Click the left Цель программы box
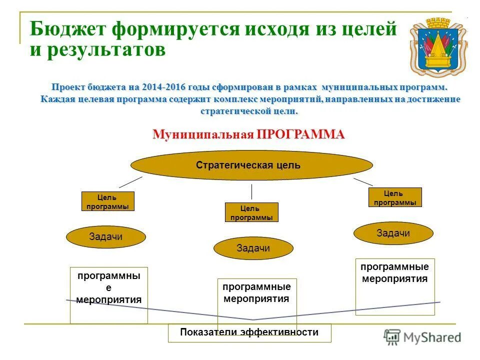click(107, 201)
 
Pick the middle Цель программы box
click(251, 212)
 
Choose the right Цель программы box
click(395, 197)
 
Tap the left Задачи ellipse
click(105, 237)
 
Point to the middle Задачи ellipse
click(253, 248)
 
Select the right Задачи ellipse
click(393, 233)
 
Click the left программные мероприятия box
click(109, 295)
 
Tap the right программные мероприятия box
click(395, 286)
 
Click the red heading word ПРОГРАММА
click(301, 134)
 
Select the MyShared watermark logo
click(422, 337)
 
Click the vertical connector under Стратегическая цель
click(251, 191)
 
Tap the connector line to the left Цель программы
click(130, 181)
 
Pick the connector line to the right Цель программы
click(363, 182)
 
